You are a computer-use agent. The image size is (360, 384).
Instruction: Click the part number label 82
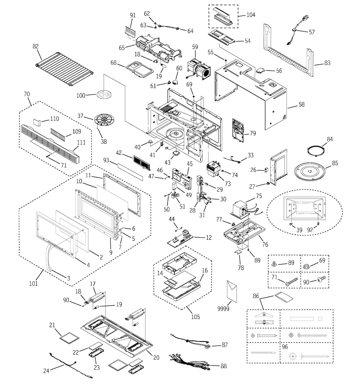coord(35,46)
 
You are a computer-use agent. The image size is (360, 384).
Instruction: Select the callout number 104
coord(251,15)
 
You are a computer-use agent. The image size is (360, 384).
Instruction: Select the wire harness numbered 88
coord(189,362)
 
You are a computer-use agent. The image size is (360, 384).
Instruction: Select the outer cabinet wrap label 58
coord(301,105)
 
